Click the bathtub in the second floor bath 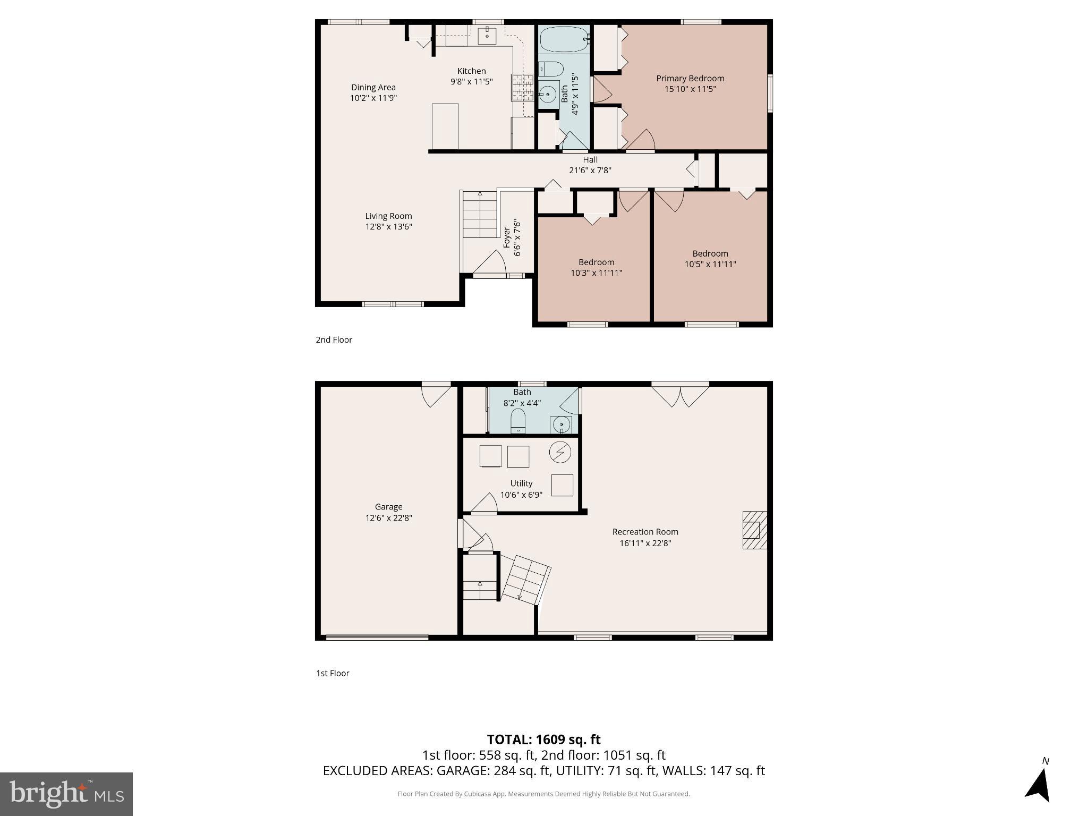(564, 39)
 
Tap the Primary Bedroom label (690, 78)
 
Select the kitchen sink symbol (487, 36)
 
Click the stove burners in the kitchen (522, 88)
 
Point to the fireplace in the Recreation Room (754, 530)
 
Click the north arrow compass (1039, 783)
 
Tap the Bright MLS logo (66, 794)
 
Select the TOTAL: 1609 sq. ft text (543, 739)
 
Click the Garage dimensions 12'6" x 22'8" (388, 517)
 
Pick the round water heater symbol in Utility (560, 452)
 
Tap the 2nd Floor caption (334, 339)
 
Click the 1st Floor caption (333, 673)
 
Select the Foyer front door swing (490, 262)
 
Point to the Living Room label (388, 216)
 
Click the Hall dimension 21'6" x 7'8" (590, 171)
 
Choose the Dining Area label (373, 87)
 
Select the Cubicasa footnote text (543, 794)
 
